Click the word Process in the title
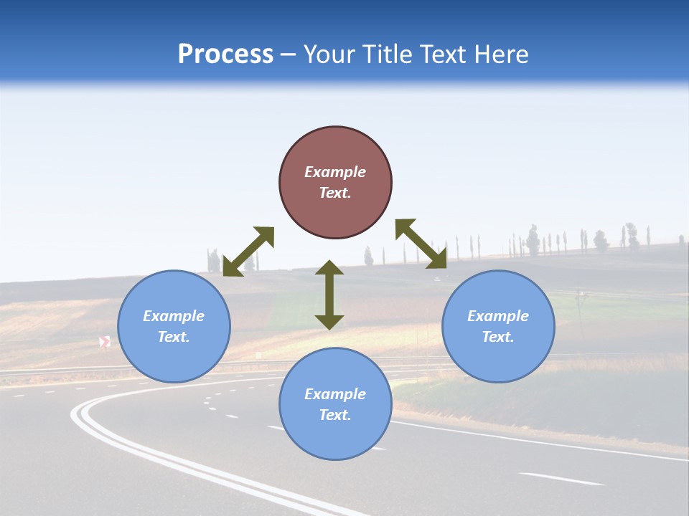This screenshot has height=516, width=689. point(225,54)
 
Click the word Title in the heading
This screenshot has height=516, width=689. point(388,54)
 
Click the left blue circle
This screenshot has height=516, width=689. point(174,358)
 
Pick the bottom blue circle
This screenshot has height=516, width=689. point(335,437)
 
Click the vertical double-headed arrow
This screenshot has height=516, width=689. point(329,295)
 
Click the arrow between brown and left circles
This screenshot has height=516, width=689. point(248,252)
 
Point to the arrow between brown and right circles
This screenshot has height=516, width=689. point(421,244)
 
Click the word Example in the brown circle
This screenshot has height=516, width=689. point(335,172)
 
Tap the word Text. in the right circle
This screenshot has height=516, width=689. point(498,337)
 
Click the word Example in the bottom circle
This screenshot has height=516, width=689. point(335,394)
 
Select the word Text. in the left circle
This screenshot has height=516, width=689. point(174,337)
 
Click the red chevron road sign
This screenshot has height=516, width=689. point(105,342)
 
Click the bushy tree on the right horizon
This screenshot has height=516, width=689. point(631,235)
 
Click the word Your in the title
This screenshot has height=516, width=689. point(330,54)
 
